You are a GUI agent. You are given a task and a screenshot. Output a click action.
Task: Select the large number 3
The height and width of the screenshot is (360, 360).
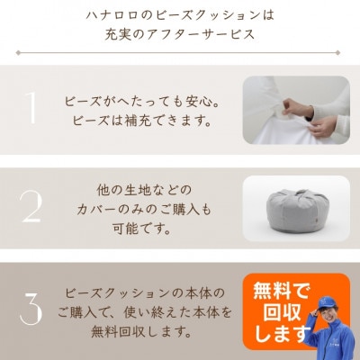pyautogui.click(x=31, y=308)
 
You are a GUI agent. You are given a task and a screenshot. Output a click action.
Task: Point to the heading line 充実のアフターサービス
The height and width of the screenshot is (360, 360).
pyautogui.click(x=179, y=36)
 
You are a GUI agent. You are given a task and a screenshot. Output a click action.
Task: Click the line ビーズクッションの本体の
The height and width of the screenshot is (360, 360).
pyautogui.click(x=148, y=293)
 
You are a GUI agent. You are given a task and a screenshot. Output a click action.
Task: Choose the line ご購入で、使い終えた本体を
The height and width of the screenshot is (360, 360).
pyautogui.click(x=148, y=312)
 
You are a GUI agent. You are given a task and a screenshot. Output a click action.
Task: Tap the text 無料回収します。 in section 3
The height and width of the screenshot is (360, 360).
pyautogui.click(x=148, y=331)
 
